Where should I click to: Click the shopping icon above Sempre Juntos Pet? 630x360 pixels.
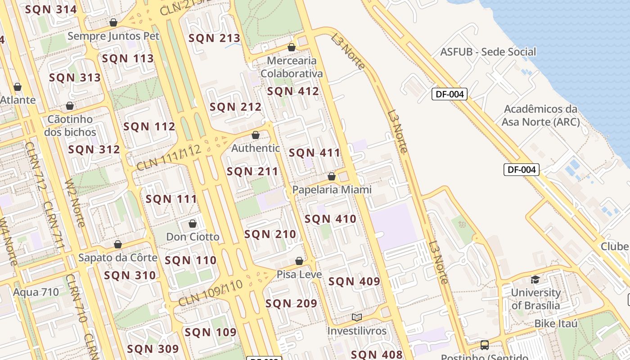113,22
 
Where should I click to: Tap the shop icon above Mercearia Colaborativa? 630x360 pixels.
292,47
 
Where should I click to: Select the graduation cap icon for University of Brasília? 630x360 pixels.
535,279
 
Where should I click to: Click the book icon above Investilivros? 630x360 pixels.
357,317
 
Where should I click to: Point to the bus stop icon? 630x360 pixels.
485,345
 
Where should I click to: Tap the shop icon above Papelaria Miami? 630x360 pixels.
332,176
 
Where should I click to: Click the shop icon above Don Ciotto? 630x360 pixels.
193,224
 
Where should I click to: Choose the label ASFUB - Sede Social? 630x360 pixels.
488,52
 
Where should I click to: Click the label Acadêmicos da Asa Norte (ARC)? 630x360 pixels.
540,115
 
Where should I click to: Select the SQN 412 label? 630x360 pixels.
293,91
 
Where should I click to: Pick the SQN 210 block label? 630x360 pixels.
270,234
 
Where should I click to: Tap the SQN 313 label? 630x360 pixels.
75,77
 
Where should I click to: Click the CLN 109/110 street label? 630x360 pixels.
210,293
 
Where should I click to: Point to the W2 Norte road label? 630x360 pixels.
75,203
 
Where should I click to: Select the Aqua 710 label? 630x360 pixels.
36,292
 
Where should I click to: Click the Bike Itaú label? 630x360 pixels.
556,324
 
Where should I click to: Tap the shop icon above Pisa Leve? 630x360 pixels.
299,261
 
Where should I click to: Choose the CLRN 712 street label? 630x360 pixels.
36,166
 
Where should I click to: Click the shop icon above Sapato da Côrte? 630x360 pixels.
118,244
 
